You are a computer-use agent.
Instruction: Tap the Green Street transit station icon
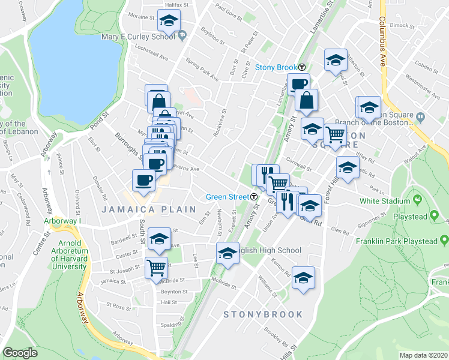[x=255, y=196]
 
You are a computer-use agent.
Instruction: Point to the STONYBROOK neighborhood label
[x=263, y=314]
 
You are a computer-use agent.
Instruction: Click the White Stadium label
[x=382, y=202]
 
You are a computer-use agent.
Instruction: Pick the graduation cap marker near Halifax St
[x=169, y=21]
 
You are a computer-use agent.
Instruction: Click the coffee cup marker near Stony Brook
[x=298, y=84]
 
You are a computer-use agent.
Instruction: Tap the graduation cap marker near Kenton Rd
[x=304, y=277]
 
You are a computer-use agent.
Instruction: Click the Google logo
[x=20, y=353]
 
